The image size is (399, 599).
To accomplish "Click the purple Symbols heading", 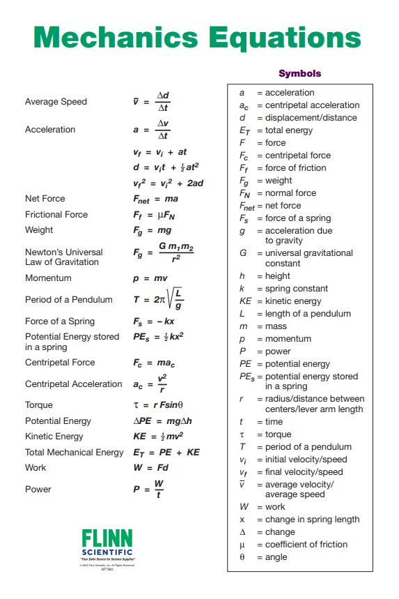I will pos(299,73).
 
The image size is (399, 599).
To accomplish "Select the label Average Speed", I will pos(56,102).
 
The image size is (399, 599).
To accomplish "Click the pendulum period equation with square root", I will pos(159,299).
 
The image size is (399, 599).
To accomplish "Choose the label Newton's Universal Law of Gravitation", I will pos(63,257).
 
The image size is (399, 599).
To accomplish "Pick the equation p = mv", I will pos(150,278).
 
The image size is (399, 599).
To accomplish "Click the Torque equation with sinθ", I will pos(158,405).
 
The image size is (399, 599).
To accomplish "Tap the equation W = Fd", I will pos(150,468).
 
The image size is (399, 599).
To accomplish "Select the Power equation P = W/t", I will pos(150,490).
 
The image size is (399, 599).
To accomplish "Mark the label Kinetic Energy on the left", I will pos(54,437).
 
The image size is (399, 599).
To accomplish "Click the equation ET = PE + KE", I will pos(166,453).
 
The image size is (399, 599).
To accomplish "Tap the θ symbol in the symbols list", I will pos(242,557).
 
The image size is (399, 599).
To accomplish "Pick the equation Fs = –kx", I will pos(154,321).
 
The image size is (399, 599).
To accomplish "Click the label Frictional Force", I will pos(56,215).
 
